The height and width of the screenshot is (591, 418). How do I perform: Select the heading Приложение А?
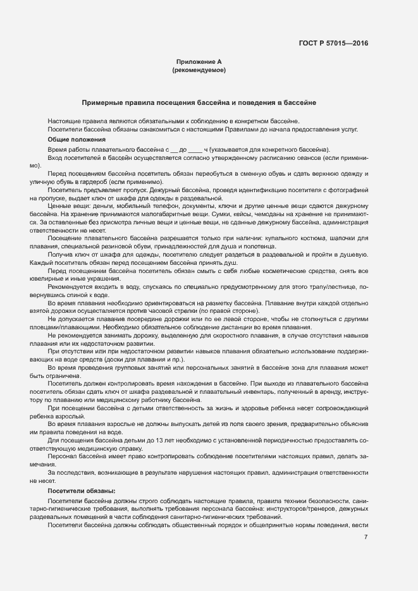click(x=199, y=62)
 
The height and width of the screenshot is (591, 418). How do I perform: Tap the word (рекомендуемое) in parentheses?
click(x=199, y=71)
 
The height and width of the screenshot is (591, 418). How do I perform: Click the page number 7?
click(x=366, y=538)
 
